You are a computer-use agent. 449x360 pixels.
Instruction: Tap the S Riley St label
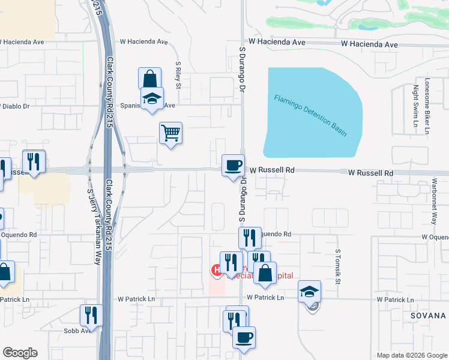tap(178, 74)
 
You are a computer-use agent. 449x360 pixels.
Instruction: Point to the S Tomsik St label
tap(338, 267)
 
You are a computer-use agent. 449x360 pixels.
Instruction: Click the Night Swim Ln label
tap(415, 106)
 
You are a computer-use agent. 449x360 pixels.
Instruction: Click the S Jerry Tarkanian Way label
tap(94, 227)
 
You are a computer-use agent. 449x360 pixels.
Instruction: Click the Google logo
tap(20, 353)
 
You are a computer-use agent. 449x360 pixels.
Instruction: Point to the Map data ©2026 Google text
tap(411, 355)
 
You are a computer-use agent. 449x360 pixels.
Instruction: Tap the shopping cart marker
tap(171, 133)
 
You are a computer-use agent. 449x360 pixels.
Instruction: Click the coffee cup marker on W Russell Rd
tap(233, 164)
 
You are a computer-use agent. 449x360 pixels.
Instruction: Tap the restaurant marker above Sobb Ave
tap(91, 314)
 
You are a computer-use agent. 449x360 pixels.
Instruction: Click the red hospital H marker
tap(215, 271)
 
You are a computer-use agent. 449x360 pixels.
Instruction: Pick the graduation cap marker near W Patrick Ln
tap(310, 291)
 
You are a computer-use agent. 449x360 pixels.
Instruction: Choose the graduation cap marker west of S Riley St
tap(152, 98)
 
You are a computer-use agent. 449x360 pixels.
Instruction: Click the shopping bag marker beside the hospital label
tap(265, 273)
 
